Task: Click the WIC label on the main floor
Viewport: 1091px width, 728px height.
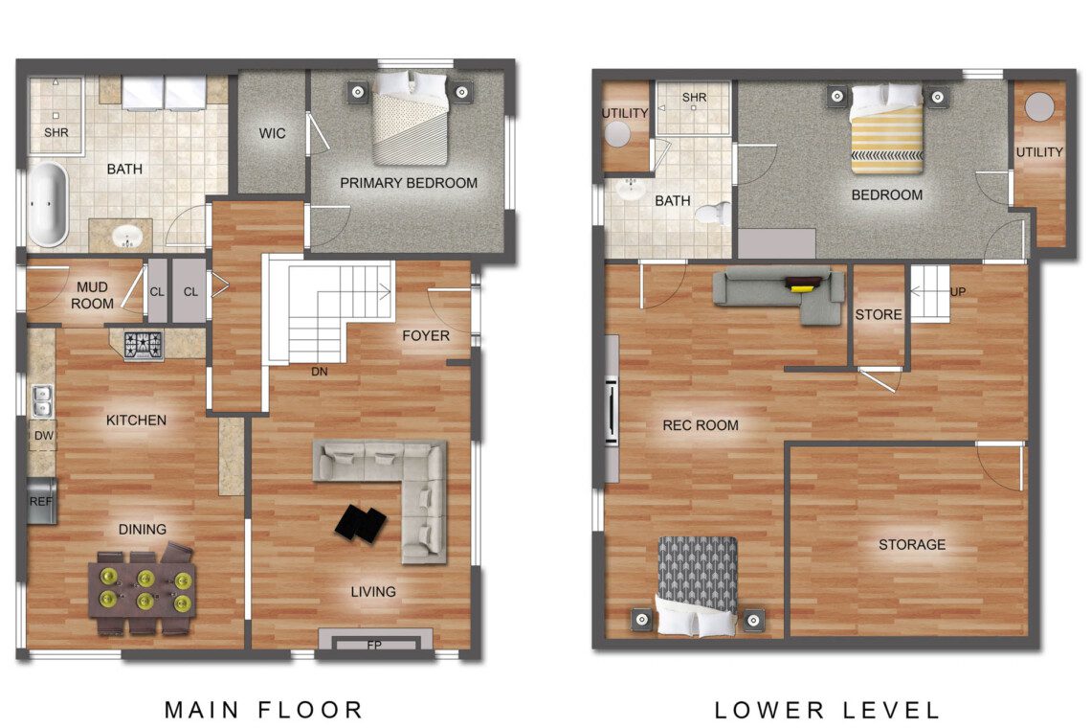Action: pyautogui.click(x=272, y=133)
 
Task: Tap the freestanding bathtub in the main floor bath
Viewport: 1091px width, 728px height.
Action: pyautogui.click(x=47, y=204)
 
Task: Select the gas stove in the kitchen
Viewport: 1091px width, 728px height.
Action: pyautogui.click(x=144, y=346)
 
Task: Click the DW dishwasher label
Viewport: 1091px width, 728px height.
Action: pyautogui.click(x=44, y=436)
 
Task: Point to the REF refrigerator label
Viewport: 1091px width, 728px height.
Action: pyautogui.click(x=40, y=501)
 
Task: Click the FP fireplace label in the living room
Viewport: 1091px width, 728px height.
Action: pyautogui.click(x=374, y=645)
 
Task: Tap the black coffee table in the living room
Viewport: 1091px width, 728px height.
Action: pyautogui.click(x=361, y=524)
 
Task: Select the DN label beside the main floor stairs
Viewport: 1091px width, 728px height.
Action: pyautogui.click(x=320, y=372)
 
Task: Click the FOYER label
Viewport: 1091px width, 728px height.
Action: pyautogui.click(x=426, y=336)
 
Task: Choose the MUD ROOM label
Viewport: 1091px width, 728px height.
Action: pyautogui.click(x=92, y=295)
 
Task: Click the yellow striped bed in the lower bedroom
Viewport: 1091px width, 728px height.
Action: pyautogui.click(x=887, y=130)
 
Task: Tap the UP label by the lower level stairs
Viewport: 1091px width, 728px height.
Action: pyautogui.click(x=958, y=292)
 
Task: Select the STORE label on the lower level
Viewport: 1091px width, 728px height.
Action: pyautogui.click(x=879, y=315)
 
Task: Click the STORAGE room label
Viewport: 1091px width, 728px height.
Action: pyautogui.click(x=911, y=545)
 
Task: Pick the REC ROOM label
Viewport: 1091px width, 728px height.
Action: pyautogui.click(x=700, y=425)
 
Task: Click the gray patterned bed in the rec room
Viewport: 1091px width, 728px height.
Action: pyautogui.click(x=697, y=586)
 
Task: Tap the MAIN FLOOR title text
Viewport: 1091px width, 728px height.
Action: pyautogui.click(x=264, y=710)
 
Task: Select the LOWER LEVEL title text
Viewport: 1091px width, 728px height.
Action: pyautogui.click(x=827, y=710)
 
